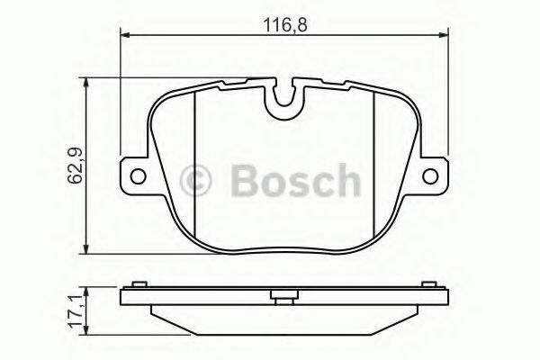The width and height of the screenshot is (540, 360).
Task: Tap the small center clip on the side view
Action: (x=285, y=294)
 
